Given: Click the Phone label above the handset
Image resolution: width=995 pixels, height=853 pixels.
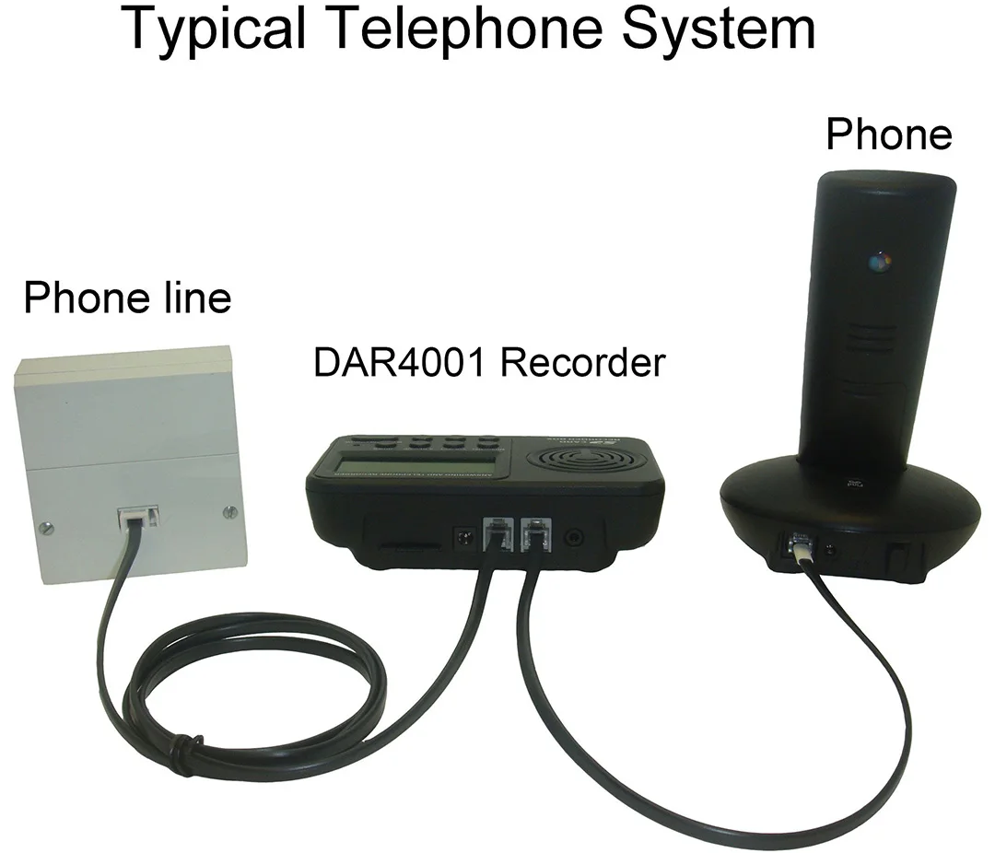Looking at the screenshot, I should tap(888, 134).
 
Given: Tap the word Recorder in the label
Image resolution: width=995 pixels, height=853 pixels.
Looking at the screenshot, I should tap(582, 363).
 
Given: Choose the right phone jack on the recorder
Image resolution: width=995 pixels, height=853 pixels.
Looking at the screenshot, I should tap(534, 533).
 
